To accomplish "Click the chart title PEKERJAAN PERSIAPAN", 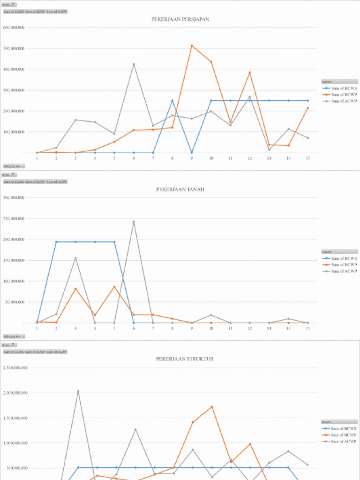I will click(180, 19).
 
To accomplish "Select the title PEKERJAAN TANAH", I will click(180, 189).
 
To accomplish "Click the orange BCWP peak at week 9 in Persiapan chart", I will click(192, 45).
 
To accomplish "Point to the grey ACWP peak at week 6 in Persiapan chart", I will click(134, 64).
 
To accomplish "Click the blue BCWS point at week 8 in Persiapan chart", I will click(172, 100).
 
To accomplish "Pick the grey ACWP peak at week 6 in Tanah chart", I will click(134, 222).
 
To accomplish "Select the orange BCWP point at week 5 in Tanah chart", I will click(114, 287).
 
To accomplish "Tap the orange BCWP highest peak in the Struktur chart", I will click(211, 406).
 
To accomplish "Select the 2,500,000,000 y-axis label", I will click(15, 368).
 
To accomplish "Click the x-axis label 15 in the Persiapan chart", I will click(307, 158).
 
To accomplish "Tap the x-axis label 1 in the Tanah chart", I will click(37, 329).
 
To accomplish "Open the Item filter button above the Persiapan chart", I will click(9, 5).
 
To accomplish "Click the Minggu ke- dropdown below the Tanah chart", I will click(14, 336).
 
